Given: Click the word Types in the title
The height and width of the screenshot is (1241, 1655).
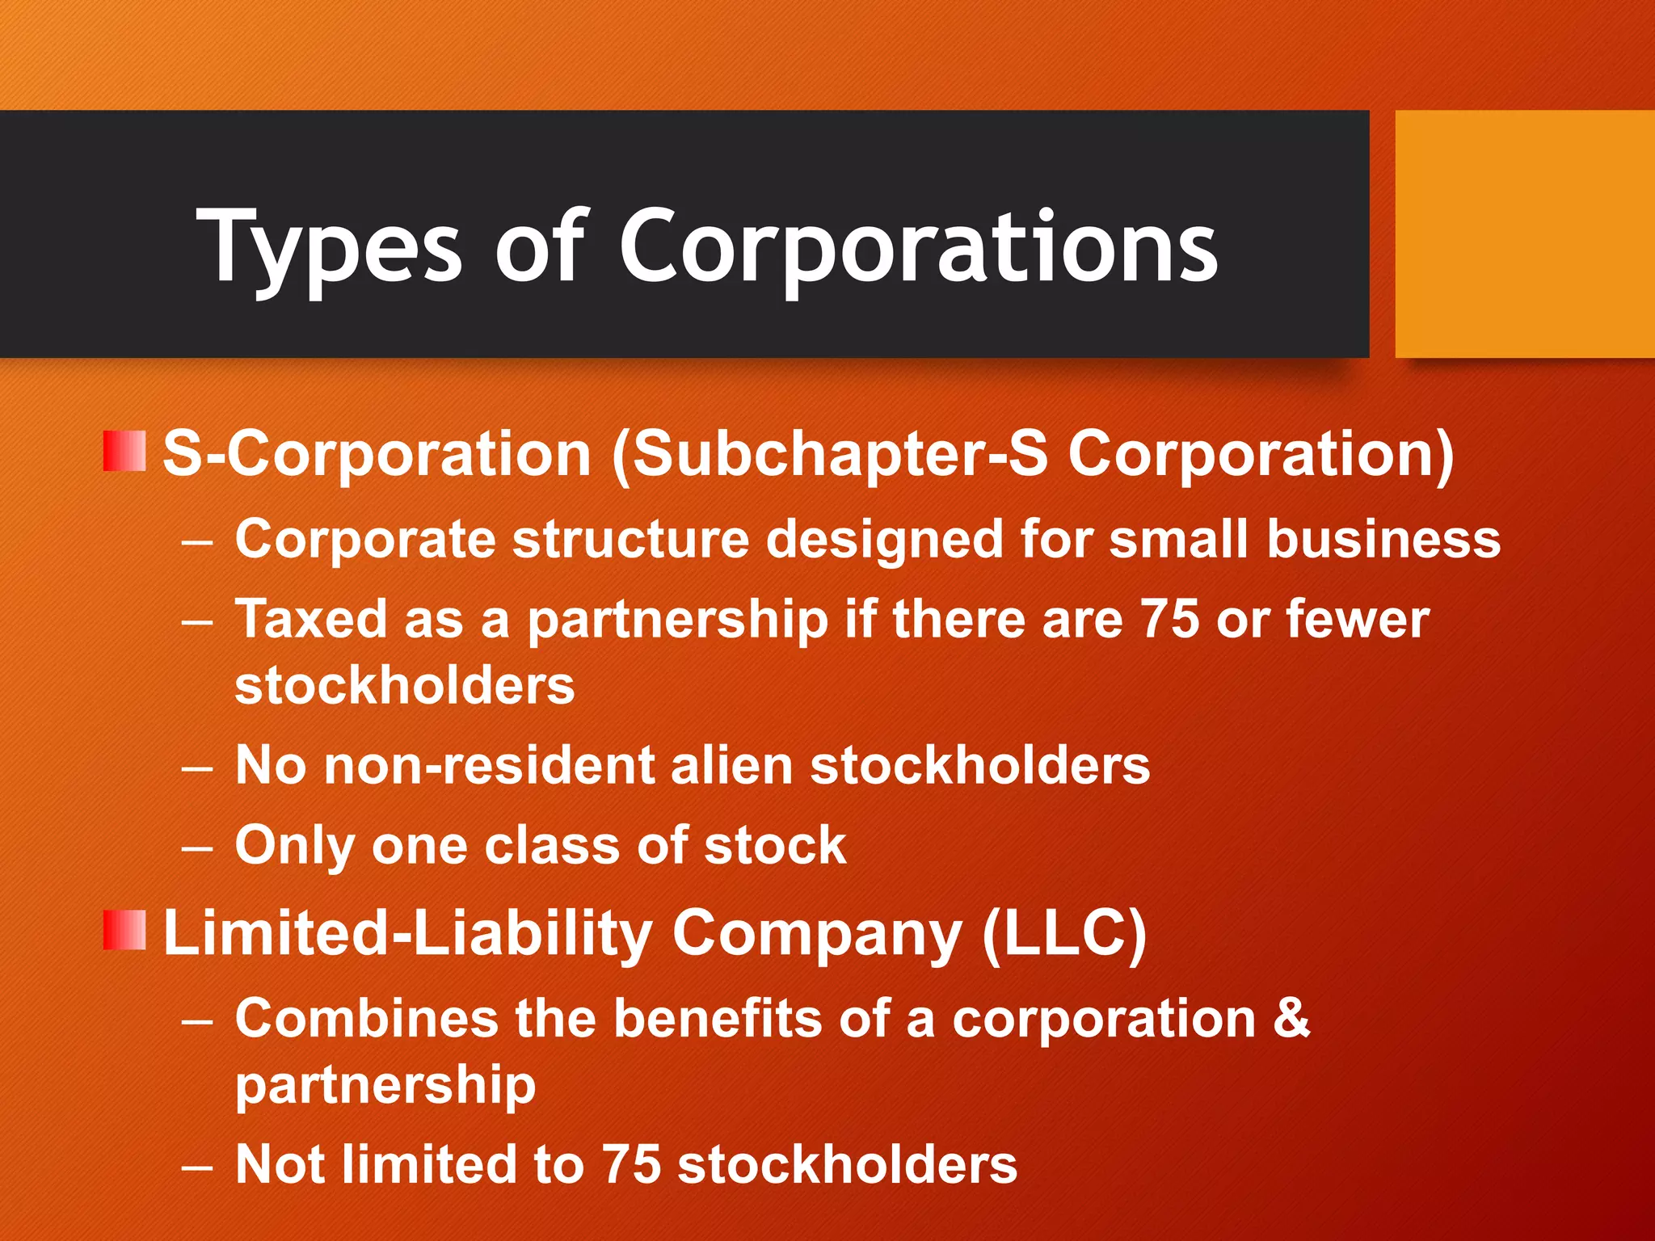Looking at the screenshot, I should point(329,246).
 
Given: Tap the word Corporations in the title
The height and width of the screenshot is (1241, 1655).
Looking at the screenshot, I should point(918,246).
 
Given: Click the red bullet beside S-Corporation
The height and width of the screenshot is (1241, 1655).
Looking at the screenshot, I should point(124,451).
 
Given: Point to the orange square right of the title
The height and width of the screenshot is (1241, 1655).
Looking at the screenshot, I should point(1524,234).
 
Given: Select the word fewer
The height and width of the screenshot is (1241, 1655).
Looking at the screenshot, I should point(1358,620).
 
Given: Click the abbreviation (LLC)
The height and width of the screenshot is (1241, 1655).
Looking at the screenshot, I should point(1064,934).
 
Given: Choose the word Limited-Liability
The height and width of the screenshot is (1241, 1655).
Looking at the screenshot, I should point(408,934).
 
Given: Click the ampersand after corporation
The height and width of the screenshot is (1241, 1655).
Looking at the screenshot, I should point(1291,1018).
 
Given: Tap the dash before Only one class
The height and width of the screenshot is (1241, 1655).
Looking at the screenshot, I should point(197,849).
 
